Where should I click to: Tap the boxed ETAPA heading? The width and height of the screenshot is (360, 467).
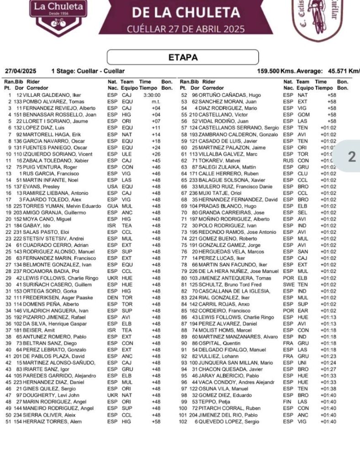point(183,57)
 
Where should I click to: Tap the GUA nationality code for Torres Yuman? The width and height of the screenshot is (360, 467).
point(112,206)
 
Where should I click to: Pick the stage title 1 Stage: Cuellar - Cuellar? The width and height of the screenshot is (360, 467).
point(88,71)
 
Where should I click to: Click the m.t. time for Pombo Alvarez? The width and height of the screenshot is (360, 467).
point(155,101)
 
